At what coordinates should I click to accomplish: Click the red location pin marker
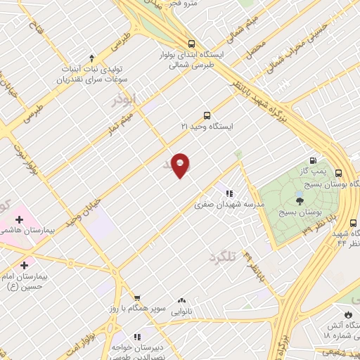coord(181,165)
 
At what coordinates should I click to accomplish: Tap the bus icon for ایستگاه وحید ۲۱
coord(206,115)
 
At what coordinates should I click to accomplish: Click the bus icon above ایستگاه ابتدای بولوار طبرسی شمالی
coord(192,43)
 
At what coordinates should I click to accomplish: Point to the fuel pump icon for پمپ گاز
coord(313,160)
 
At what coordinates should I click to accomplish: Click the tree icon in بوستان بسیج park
coord(300,201)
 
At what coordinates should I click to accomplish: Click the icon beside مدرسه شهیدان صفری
coord(229,193)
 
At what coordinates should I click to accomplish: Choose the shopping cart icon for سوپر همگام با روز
coord(137,297)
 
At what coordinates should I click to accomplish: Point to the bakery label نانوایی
coord(182,311)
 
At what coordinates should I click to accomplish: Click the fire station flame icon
coord(347,314)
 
